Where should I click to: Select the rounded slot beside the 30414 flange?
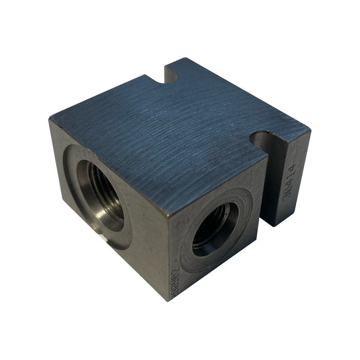coord(264,140)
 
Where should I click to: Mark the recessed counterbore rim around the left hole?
coord(73,170)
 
